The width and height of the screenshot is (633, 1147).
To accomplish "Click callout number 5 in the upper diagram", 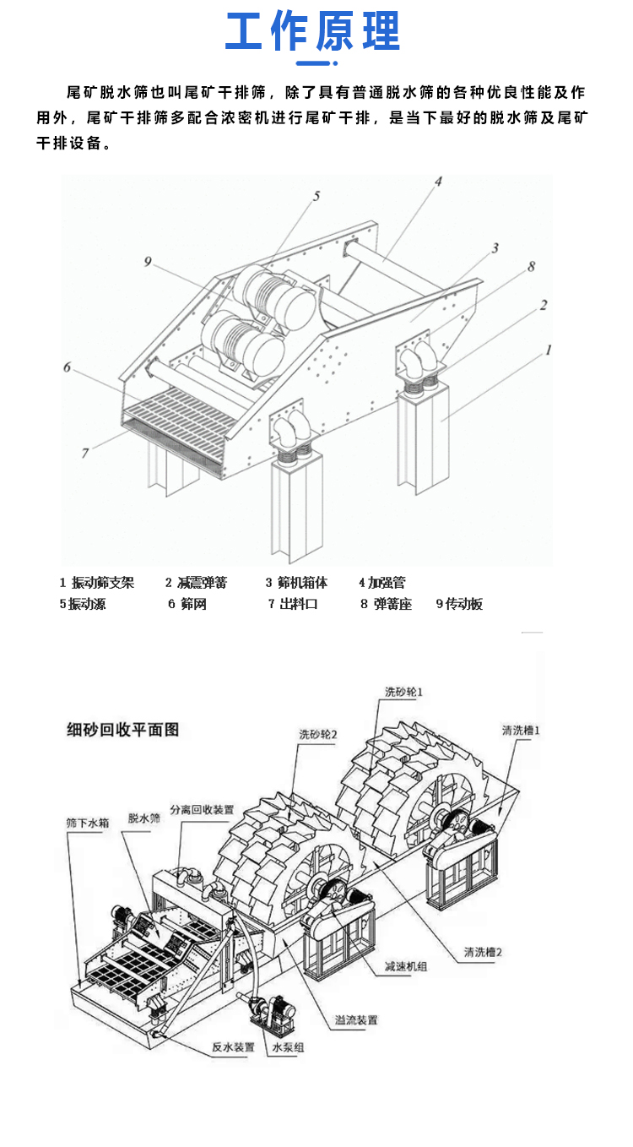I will click(316, 196).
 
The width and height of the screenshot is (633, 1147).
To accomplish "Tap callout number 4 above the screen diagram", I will click(439, 181).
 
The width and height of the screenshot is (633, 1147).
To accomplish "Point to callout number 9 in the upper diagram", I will click(148, 262).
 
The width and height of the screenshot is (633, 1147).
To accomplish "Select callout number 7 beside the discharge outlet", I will click(85, 453).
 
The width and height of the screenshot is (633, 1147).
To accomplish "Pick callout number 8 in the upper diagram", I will click(531, 267).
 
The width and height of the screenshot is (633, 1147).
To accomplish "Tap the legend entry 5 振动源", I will click(83, 604).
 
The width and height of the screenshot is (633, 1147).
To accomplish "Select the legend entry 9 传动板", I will click(459, 604).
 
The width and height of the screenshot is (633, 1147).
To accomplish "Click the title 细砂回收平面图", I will click(123, 729).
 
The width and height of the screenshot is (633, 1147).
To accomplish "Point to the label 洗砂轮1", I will click(403, 692).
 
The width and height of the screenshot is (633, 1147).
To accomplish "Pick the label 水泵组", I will click(288, 1047).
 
